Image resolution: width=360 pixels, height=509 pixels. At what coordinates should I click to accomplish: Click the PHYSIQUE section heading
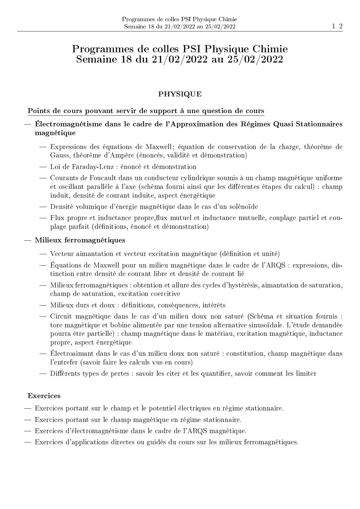180,94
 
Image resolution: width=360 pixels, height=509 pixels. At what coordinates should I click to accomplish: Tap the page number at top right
337,26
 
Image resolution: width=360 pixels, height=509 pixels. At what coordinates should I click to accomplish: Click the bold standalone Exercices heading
44,396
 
